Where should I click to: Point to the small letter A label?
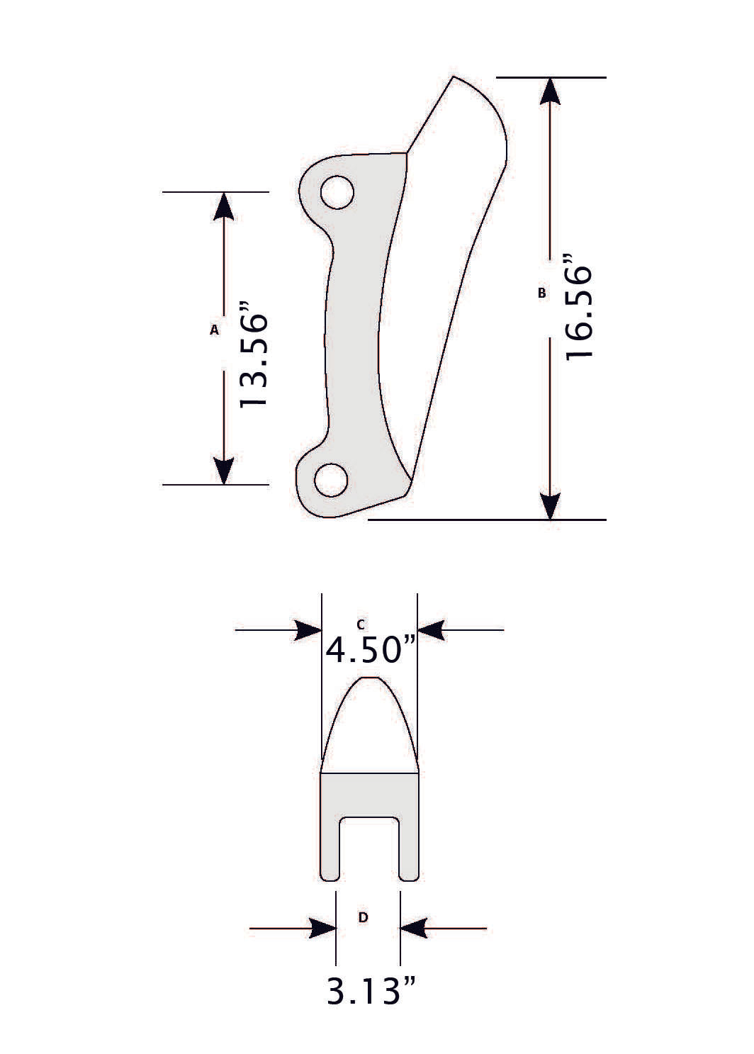pyautogui.click(x=214, y=330)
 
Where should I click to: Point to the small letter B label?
pyautogui.click(x=542, y=292)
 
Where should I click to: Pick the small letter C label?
pyautogui.click(x=361, y=624)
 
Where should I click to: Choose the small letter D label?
pyautogui.click(x=363, y=917)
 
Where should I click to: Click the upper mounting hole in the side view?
pyautogui.click(x=337, y=192)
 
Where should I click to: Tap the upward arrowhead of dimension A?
pyautogui.click(x=223, y=206)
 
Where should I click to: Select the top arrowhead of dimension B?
pyautogui.click(x=551, y=92)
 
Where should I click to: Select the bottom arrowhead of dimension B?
pyautogui.click(x=551, y=505)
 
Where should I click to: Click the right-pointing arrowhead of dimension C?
pyautogui.click(x=308, y=629)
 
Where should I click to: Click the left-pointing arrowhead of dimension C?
pyautogui.click(x=431, y=629)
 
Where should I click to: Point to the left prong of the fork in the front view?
pyautogui.click(x=330, y=847)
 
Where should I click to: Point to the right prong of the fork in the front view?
pyautogui.click(x=409, y=847)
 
